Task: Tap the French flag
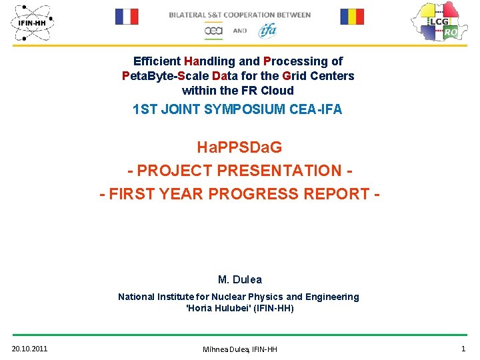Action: tap(126, 17)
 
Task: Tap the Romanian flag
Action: tap(353, 17)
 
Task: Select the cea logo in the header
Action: tap(213, 31)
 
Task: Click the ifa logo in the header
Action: tap(267, 30)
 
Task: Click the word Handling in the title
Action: tap(202, 61)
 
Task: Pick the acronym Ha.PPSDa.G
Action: tap(239, 147)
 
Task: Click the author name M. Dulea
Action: tap(239, 279)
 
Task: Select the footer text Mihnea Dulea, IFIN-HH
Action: tap(239, 349)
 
